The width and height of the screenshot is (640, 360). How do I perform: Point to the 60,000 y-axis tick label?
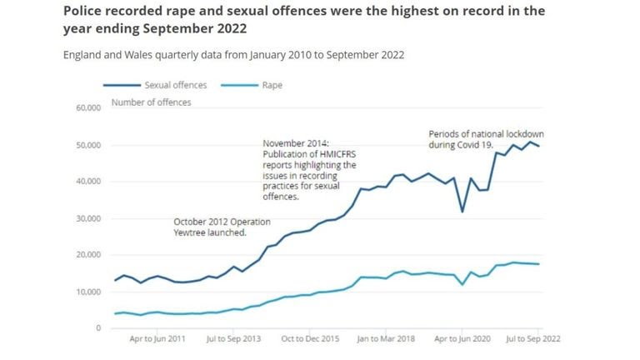click(x=87, y=108)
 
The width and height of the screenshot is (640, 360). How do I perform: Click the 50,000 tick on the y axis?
click(x=87, y=145)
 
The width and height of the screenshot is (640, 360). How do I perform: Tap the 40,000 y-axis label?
click(x=87, y=182)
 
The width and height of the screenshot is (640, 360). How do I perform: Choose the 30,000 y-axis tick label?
click(x=87, y=218)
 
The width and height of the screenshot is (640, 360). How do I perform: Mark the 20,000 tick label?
click(x=87, y=255)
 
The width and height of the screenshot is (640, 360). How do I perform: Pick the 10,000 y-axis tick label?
click(x=87, y=292)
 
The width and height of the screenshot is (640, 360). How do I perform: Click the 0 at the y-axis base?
click(x=97, y=328)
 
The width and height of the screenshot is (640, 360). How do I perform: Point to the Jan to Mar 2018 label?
click(x=387, y=341)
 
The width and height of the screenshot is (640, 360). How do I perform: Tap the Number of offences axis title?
click(x=151, y=102)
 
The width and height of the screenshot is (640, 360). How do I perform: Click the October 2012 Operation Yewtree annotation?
click(x=210, y=227)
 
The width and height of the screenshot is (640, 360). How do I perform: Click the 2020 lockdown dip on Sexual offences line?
click(x=462, y=212)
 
